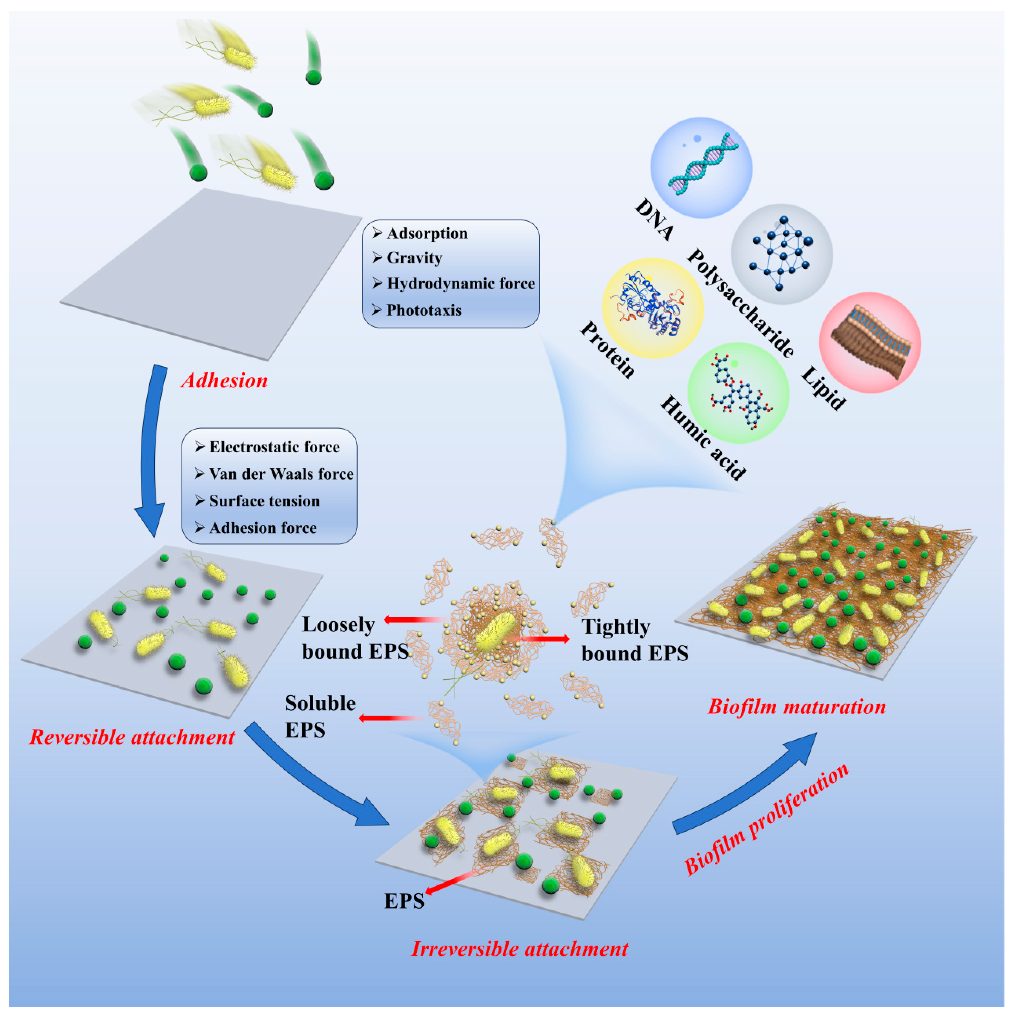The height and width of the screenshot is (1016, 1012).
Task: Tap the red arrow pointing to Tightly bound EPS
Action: [x=547, y=639]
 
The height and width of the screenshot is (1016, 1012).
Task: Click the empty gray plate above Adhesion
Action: [x=210, y=273]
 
